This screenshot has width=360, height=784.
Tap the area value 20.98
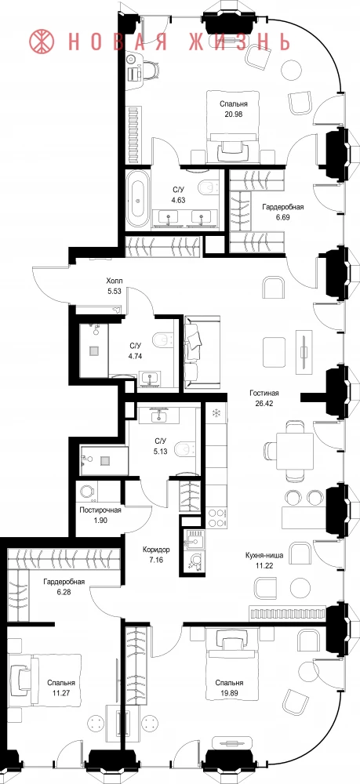pyautogui.click(x=234, y=114)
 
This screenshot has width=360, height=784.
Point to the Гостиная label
pyautogui.click(x=264, y=393)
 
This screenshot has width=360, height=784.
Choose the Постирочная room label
pyautogui.click(x=100, y=510)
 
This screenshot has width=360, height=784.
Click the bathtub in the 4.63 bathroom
pyautogui.click(x=138, y=198)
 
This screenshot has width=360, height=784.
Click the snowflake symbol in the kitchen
pyautogui.click(x=216, y=413)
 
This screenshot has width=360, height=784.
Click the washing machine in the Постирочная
pyautogui.click(x=89, y=491)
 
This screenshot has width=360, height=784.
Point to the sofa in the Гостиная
pyautogui.click(x=202, y=352)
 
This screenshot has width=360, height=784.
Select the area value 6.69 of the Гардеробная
pyautogui.click(x=282, y=217)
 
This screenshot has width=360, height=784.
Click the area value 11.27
pyautogui.click(x=61, y=692)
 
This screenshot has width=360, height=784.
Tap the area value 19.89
pyautogui.click(x=230, y=692)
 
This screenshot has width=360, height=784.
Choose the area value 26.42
pyautogui.click(x=264, y=401)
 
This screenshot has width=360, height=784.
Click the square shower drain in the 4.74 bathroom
pyautogui.click(x=94, y=350)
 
